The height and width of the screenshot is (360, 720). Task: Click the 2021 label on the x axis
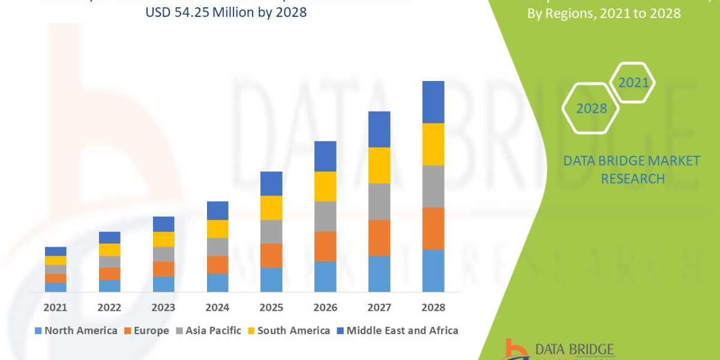[x=55, y=307]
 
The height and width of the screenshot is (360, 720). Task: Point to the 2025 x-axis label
[x=271, y=307]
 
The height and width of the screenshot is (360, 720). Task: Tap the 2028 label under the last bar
[x=433, y=307]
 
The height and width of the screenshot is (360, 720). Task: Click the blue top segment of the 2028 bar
[x=433, y=102]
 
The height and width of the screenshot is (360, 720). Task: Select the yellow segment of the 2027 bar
[x=379, y=165]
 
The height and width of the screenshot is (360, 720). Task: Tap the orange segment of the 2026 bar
[x=325, y=246]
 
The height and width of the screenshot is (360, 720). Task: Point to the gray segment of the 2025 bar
[x=271, y=232]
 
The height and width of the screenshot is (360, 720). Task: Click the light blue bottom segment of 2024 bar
[x=217, y=283]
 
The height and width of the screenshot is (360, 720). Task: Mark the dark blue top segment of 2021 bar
[x=55, y=251]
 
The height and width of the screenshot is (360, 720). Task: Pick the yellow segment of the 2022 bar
[x=109, y=250]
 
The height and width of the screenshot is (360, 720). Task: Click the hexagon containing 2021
[x=633, y=83]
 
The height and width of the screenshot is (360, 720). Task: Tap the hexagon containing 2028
[x=590, y=109]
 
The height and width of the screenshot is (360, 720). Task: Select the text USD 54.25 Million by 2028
[x=226, y=12]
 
